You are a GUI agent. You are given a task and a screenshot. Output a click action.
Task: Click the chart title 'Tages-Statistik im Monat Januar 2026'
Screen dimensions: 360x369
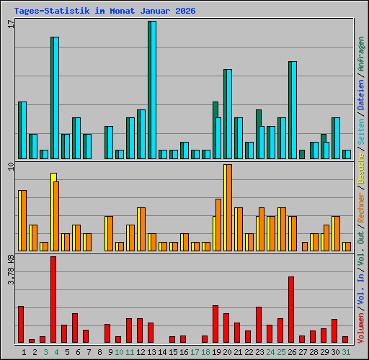[105, 12]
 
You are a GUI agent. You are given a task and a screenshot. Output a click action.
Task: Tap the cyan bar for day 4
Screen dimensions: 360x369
[55, 97]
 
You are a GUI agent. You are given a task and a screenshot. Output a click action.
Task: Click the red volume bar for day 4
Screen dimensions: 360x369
[53, 300]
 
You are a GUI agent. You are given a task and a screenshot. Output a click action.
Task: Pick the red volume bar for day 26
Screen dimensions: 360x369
[291, 310]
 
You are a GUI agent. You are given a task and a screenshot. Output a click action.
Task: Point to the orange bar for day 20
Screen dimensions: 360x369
[228, 207]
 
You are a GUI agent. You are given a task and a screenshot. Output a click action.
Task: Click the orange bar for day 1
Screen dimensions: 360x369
[22, 220]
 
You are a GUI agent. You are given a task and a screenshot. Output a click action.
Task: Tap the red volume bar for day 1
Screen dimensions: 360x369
[21, 324]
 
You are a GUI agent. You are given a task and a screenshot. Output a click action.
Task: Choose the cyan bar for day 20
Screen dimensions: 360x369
[228, 114]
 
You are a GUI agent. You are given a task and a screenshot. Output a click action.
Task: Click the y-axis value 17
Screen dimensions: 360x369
[11, 24]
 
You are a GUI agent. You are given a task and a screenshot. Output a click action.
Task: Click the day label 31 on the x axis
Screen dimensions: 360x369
[347, 352]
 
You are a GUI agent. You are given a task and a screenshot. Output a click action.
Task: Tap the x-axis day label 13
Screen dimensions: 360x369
[152, 352]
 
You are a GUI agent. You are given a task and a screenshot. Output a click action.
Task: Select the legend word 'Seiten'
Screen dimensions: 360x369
[361, 130]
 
